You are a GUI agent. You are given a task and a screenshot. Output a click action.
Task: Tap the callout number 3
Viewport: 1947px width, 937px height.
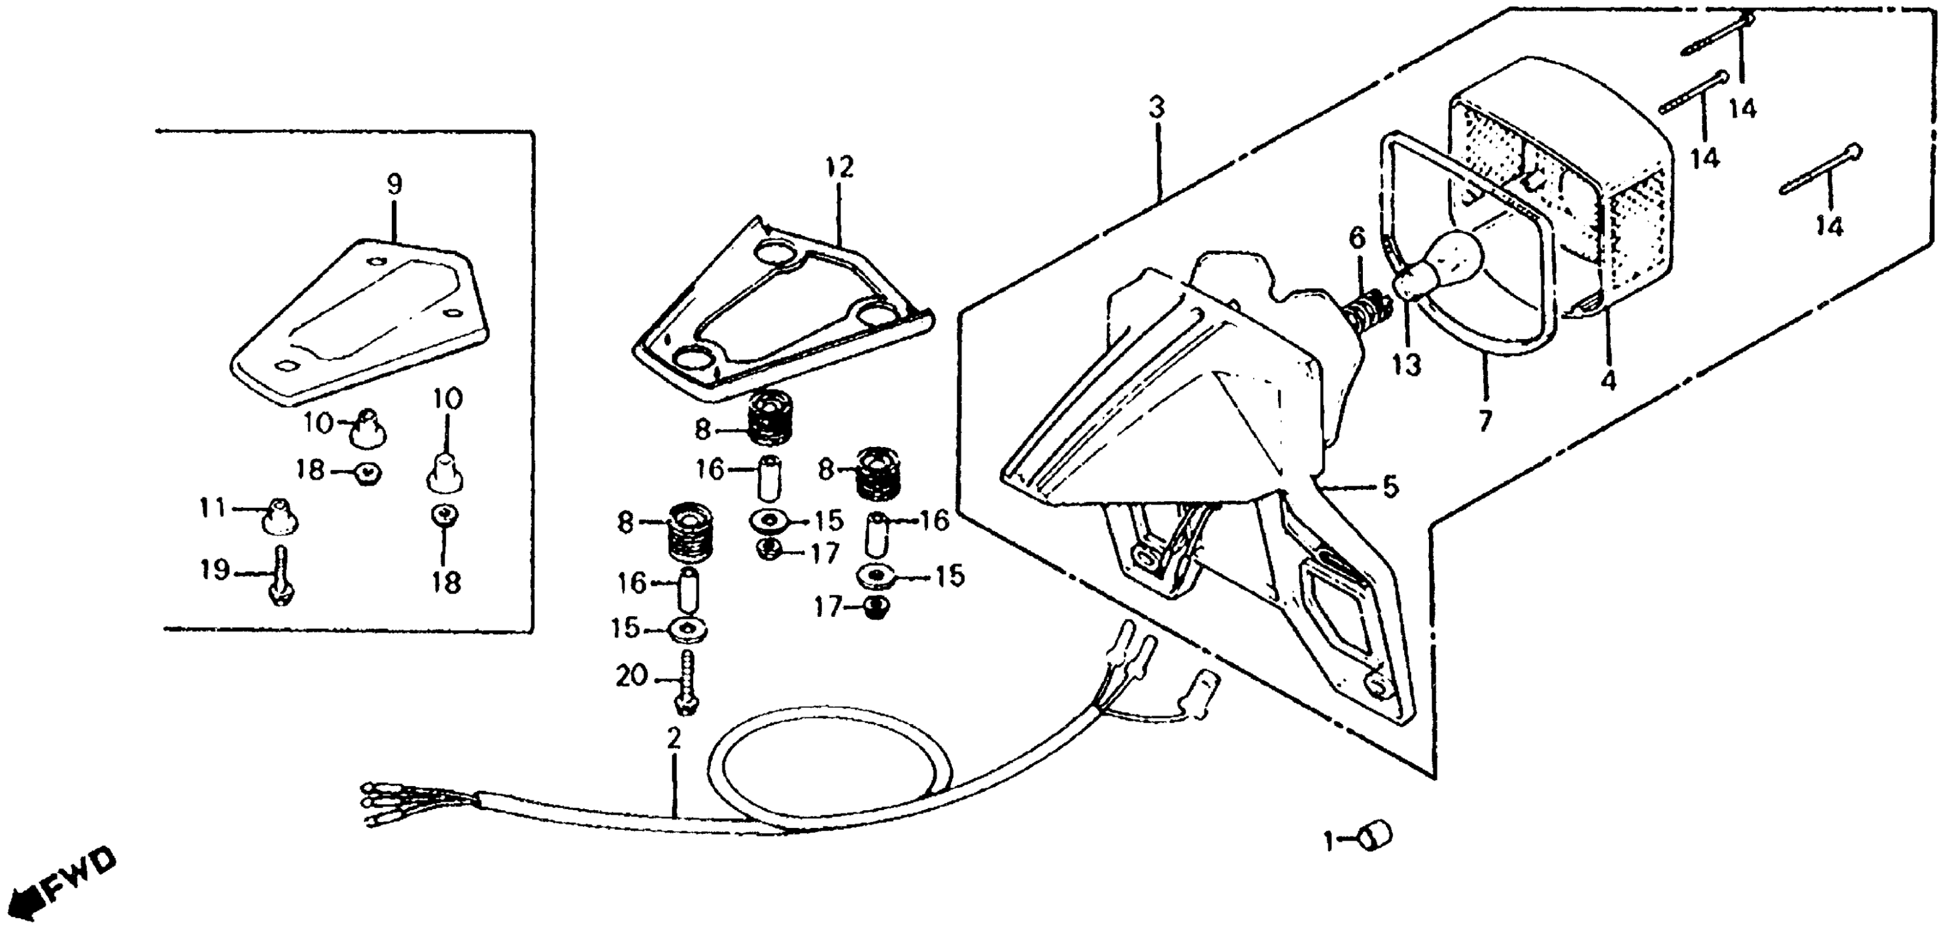coord(1156,108)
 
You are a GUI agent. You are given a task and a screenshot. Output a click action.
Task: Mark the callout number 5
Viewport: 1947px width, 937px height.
coord(1391,487)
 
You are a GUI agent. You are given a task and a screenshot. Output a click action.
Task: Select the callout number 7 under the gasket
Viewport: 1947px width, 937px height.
coord(1485,420)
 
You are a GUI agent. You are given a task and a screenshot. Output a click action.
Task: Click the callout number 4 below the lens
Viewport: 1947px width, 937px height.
coord(1609,381)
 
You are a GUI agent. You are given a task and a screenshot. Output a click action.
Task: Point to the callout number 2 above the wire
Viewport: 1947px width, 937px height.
coord(673,738)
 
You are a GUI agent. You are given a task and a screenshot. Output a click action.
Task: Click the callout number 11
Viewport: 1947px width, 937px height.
coord(212,507)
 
